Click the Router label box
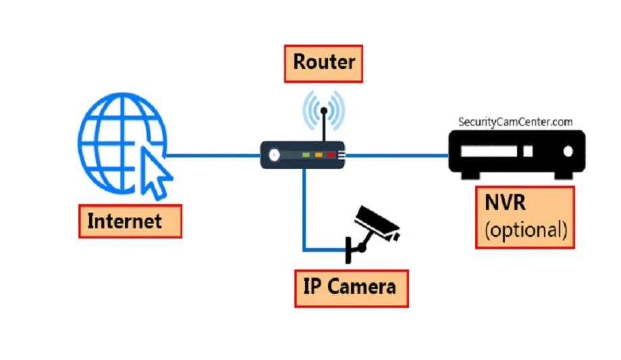click(x=323, y=63)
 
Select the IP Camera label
click(x=351, y=287)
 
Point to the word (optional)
click(x=526, y=230)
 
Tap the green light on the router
click(x=306, y=155)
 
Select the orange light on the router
click(x=319, y=155)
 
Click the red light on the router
click(x=331, y=155)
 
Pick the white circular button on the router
click(x=274, y=155)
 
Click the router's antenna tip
click(x=324, y=109)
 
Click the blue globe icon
click(x=118, y=142)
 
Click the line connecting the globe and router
click(x=213, y=155)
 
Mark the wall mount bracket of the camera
click(x=349, y=249)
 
